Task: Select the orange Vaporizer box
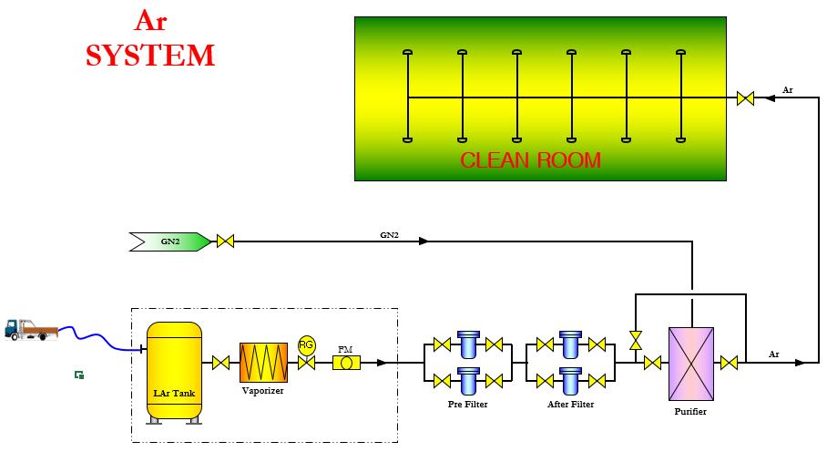263,362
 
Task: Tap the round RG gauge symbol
306,344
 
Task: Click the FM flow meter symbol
346,363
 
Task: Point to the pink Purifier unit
690,364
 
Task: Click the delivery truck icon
30,329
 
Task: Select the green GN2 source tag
171,241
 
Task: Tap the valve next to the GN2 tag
225,241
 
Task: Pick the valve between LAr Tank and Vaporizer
220,363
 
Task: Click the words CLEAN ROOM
530,160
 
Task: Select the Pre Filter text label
467,404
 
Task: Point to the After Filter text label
571,404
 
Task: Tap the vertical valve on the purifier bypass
636,340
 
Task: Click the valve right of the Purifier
729,363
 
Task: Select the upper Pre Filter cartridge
469,344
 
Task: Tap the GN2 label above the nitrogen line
389,235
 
